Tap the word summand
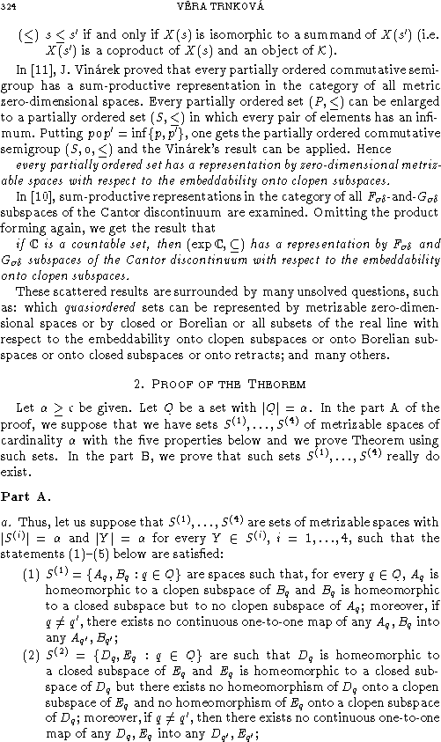(298, 36)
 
